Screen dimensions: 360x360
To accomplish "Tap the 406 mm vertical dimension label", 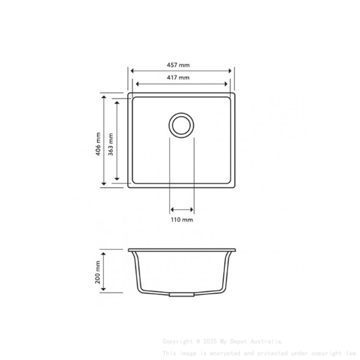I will tap(98, 144).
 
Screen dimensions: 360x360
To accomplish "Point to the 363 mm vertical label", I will tap(111, 144).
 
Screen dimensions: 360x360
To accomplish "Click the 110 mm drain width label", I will tap(182, 220).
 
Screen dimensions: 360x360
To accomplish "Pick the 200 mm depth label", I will tap(98, 272).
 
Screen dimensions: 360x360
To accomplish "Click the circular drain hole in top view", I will tap(182, 125).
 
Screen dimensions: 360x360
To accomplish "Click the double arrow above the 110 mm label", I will tap(182, 210).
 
